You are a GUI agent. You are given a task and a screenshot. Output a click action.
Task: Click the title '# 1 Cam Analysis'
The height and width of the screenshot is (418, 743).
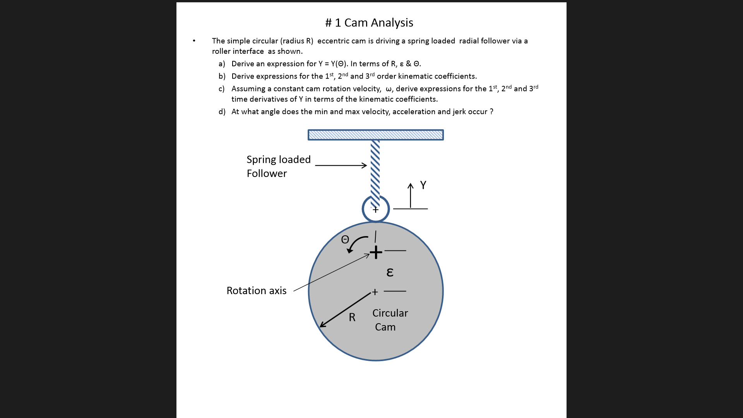click(x=369, y=23)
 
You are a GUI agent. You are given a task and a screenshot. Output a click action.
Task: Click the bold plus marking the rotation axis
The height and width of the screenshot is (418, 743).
click(x=376, y=253)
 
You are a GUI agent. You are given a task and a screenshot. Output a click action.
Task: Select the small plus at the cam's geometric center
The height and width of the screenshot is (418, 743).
click(x=375, y=292)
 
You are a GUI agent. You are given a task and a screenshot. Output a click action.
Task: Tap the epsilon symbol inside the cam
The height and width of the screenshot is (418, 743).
click(x=390, y=272)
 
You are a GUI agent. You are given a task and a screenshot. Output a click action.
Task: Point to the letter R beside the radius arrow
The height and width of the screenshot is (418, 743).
click(x=352, y=317)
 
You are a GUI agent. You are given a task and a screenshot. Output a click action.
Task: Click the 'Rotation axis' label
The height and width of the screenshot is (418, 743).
click(x=256, y=291)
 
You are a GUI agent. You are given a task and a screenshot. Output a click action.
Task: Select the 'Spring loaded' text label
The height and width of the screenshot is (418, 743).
click(x=278, y=159)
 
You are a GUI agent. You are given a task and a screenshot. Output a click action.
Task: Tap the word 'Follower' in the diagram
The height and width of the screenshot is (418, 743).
click(x=267, y=173)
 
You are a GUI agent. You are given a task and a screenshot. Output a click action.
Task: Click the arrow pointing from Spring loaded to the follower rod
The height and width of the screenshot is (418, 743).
click(x=341, y=165)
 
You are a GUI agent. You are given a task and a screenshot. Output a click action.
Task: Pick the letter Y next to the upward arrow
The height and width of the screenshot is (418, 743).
click(x=423, y=185)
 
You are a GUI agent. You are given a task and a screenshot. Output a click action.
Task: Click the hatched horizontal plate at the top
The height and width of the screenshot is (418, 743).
click(x=375, y=135)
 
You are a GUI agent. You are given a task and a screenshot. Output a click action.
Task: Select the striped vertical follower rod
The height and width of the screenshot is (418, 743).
click(x=375, y=170)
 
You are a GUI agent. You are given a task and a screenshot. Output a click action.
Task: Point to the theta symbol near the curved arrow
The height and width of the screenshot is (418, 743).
click(x=345, y=240)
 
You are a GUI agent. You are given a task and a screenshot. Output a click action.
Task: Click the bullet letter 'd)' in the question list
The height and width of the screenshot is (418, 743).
click(x=222, y=112)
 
